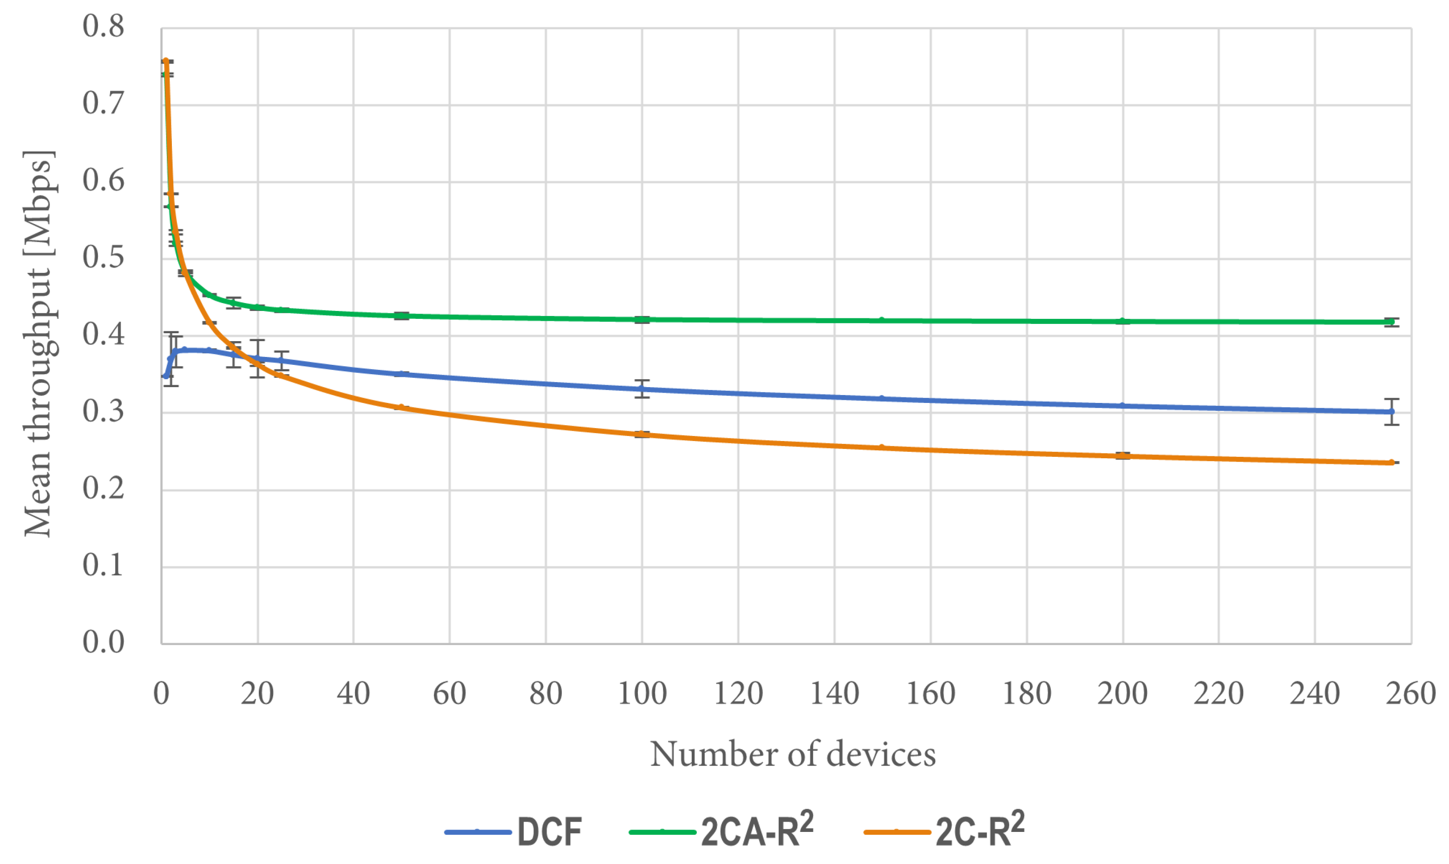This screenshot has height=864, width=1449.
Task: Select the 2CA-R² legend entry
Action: [721, 831]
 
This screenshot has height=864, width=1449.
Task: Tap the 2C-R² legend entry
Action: [944, 831]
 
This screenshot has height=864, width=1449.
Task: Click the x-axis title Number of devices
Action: [793, 754]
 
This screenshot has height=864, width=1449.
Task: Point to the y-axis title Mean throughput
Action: [39, 343]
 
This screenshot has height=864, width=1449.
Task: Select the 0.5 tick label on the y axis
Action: [103, 257]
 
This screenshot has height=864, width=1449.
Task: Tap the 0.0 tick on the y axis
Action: [103, 642]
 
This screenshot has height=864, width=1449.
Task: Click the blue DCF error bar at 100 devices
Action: [642, 389]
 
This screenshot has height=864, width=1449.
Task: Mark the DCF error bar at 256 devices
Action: [1391, 412]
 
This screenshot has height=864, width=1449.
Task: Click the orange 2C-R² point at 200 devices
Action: [1122, 455]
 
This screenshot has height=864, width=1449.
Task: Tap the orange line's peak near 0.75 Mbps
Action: [166, 62]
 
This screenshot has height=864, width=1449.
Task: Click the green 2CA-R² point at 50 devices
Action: [401, 316]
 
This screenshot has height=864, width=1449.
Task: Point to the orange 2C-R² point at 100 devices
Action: [642, 435]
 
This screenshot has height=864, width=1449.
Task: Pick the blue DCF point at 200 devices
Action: [1122, 406]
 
